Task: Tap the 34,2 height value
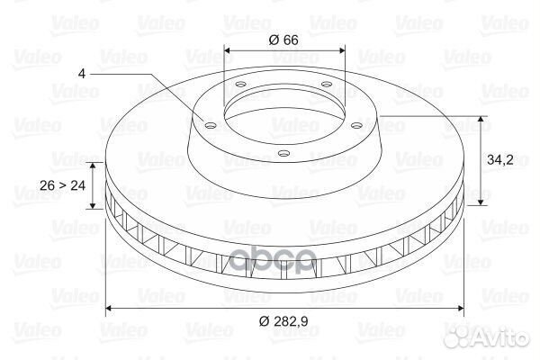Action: tap(499, 161)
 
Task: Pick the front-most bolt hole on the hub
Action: tap(283, 154)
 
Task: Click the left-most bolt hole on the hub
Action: tap(209, 125)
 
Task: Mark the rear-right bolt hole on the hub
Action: tap(323, 86)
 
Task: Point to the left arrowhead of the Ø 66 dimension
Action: tap(227, 49)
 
